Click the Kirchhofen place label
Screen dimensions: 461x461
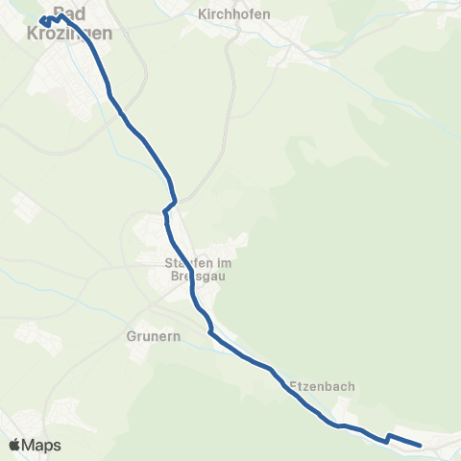pyautogui.click(x=233, y=14)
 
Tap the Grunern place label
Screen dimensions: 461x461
pyautogui.click(x=148, y=337)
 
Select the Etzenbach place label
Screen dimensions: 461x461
pyautogui.click(x=323, y=386)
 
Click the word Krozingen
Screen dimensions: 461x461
pyautogui.click(x=73, y=32)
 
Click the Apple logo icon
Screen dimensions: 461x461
pyautogui.click(x=15, y=445)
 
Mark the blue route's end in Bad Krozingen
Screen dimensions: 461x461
pyautogui.click(x=42, y=19)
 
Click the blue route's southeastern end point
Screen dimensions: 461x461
pyautogui.click(x=421, y=445)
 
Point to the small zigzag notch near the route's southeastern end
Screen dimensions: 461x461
pyautogui.click(x=388, y=438)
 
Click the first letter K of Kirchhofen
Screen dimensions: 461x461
pyautogui.click(x=201, y=14)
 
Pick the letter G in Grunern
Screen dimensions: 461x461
pyautogui.click(x=131, y=337)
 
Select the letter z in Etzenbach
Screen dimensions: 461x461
pyautogui.click(x=304, y=386)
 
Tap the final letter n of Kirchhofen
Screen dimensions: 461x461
pyautogui.click(x=266, y=14)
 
